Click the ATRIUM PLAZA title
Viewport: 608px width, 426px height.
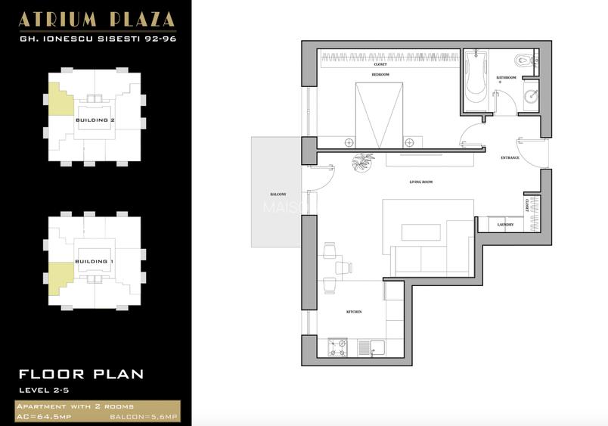(96, 19)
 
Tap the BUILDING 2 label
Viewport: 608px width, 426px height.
(95, 120)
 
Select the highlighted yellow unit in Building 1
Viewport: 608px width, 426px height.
(60, 278)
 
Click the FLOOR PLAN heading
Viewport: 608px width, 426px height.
(81, 374)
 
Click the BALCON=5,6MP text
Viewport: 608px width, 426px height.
(143, 417)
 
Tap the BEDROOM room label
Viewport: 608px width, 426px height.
(380, 76)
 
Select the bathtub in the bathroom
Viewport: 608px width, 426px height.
(476, 79)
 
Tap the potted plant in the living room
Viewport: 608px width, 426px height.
(363, 162)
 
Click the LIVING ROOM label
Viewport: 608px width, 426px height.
(421, 182)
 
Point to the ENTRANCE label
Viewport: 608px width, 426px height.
(510, 157)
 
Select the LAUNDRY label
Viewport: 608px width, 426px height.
(506, 225)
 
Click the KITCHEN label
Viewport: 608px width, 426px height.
(354, 312)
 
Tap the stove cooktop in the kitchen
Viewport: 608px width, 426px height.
(337, 348)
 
